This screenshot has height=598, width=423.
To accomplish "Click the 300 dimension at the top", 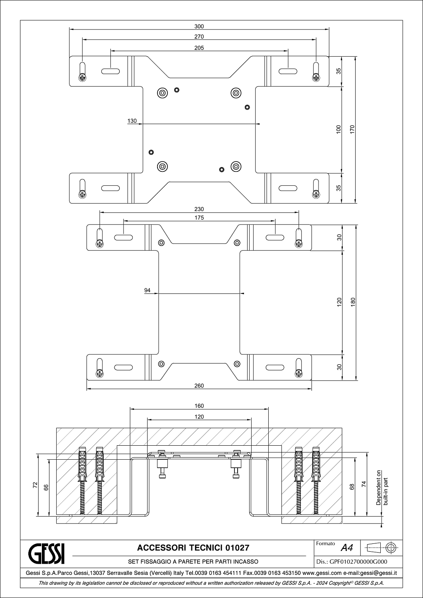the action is pos(199,26).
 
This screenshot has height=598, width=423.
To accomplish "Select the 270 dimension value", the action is pos(199,37).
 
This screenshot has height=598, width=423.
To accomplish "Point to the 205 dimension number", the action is pos(199,48).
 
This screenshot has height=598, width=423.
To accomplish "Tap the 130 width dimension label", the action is pos(132,121).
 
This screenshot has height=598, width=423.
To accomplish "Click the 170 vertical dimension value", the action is pos(352,130).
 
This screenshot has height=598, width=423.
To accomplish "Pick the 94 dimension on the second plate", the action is pos(148,290).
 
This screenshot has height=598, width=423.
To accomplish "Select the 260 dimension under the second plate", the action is pos(199,386).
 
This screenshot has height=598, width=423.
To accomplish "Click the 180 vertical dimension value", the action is pos(353,302).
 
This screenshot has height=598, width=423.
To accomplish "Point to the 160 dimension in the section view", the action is pos(199,406).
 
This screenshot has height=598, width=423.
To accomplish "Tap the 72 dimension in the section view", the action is pos(35,485).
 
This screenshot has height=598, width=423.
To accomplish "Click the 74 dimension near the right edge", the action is pos(364,484).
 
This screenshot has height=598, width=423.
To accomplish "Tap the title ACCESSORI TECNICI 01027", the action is pos(193,548).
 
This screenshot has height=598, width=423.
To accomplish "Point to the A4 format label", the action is pos(347,548).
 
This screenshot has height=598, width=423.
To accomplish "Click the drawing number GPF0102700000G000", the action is pos(358,562).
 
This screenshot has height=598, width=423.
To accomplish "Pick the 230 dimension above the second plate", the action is pos(199,209).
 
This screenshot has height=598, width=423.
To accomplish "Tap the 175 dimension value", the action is pos(199,218).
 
